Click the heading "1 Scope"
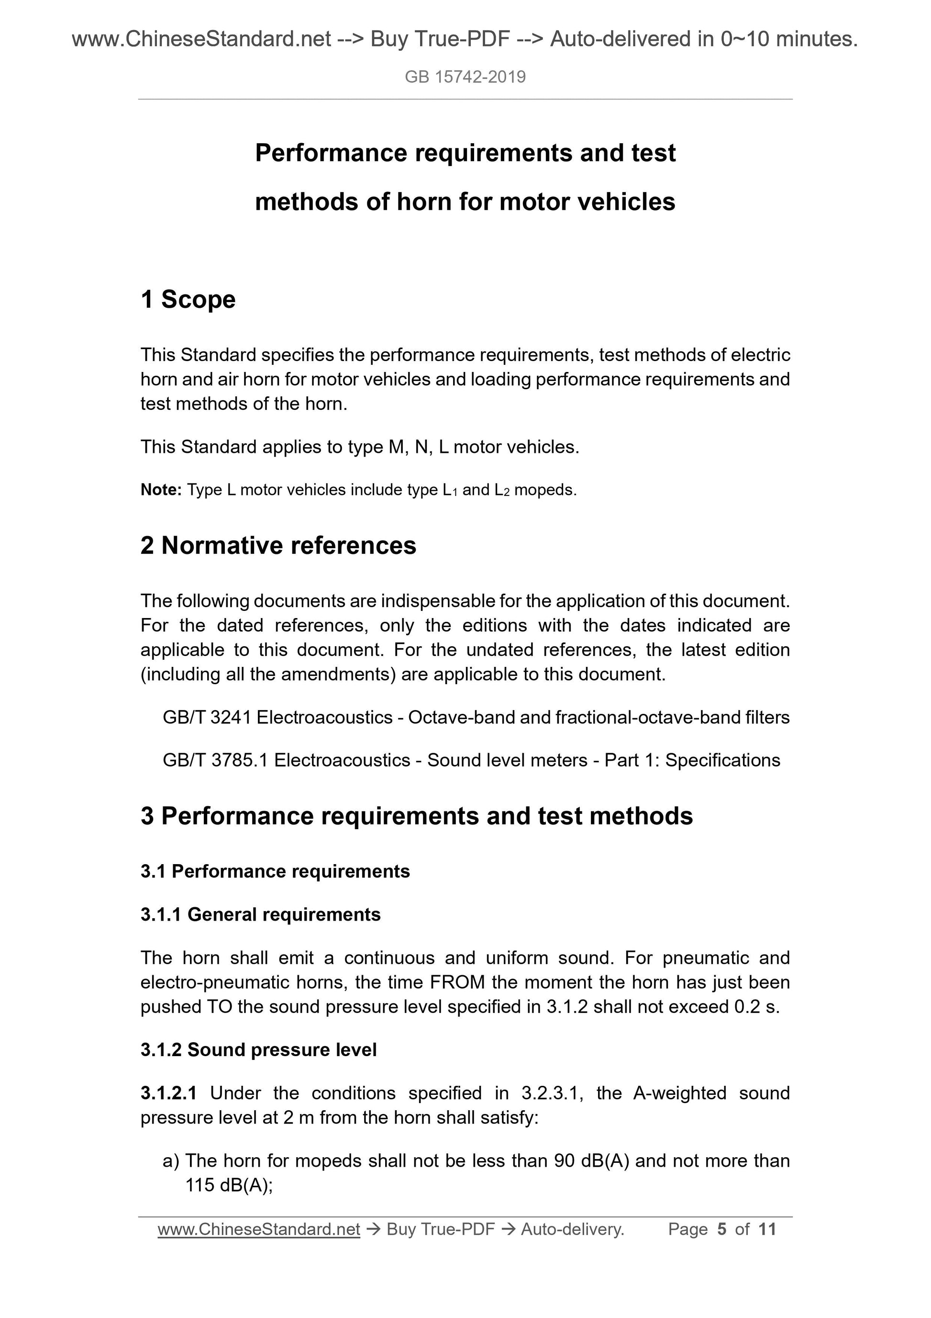pyautogui.click(x=188, y=300)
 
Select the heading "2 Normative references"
pyautogui.click(x=278, y=545)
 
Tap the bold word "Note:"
pyautogui.click(x=161, y=490)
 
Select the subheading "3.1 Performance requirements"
pyautogui.click(x=276, y=871)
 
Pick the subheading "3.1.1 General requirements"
pyautogui.click(x=260, y=914)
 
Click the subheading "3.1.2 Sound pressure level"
pyautogui.click(x=259, y=1049)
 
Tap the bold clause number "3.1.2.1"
pyautogui.click(x=169, y=1093)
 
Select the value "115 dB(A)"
pyautogui.click(x=228, y=1185)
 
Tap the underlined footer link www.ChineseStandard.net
pyautogui.click(x=259, y=1229)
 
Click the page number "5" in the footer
pyautogui.click(x=721, y=1229)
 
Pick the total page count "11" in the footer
pyautogui.click(x=767, y=1229)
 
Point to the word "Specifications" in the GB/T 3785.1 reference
pyautogui.click(x=722, y=760)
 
